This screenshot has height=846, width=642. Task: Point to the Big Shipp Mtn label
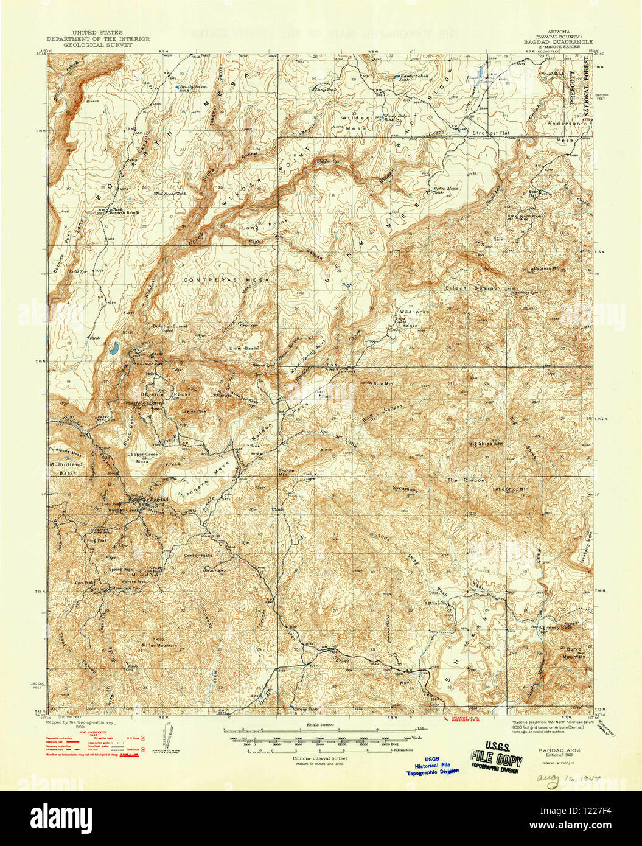pyautogui.click(x=486, y=444)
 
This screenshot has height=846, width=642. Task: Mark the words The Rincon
pyautogui.click(x=466, y=480)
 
